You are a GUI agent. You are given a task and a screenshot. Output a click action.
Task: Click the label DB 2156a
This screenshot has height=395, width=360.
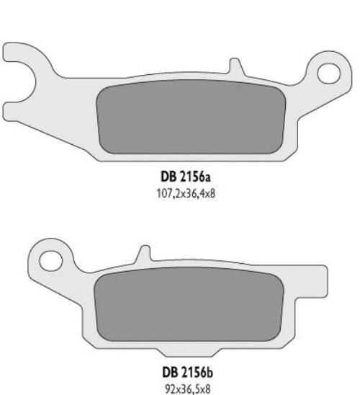click(x=181, y=175)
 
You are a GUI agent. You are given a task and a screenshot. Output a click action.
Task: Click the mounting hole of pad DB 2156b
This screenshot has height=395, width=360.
click(x=50, y=258)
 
